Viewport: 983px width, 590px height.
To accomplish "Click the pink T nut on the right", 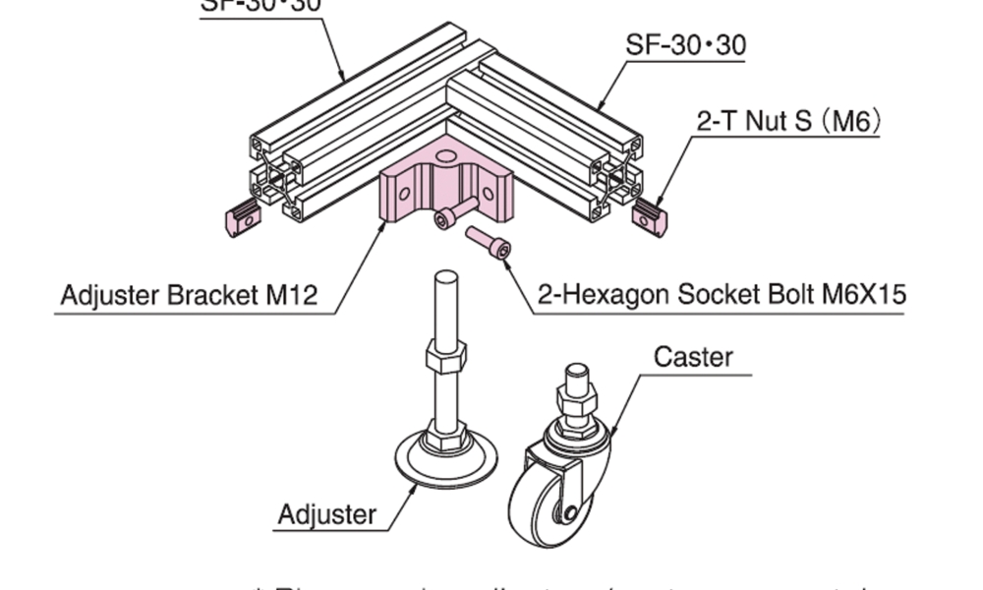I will coord(650,217).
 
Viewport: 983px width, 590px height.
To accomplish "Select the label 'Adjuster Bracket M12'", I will coord(189,295).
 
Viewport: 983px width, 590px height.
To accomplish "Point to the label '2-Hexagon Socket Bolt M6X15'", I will coord(722,294).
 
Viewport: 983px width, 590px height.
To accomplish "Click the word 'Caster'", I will coord(693,356).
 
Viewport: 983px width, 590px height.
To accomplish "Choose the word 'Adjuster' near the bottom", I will coord(326,514).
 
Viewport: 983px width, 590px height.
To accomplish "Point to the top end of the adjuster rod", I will coord(445,278).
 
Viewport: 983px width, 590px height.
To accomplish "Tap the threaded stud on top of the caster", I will coord(575,376).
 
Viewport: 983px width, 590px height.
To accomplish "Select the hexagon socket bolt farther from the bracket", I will coord(489,242).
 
